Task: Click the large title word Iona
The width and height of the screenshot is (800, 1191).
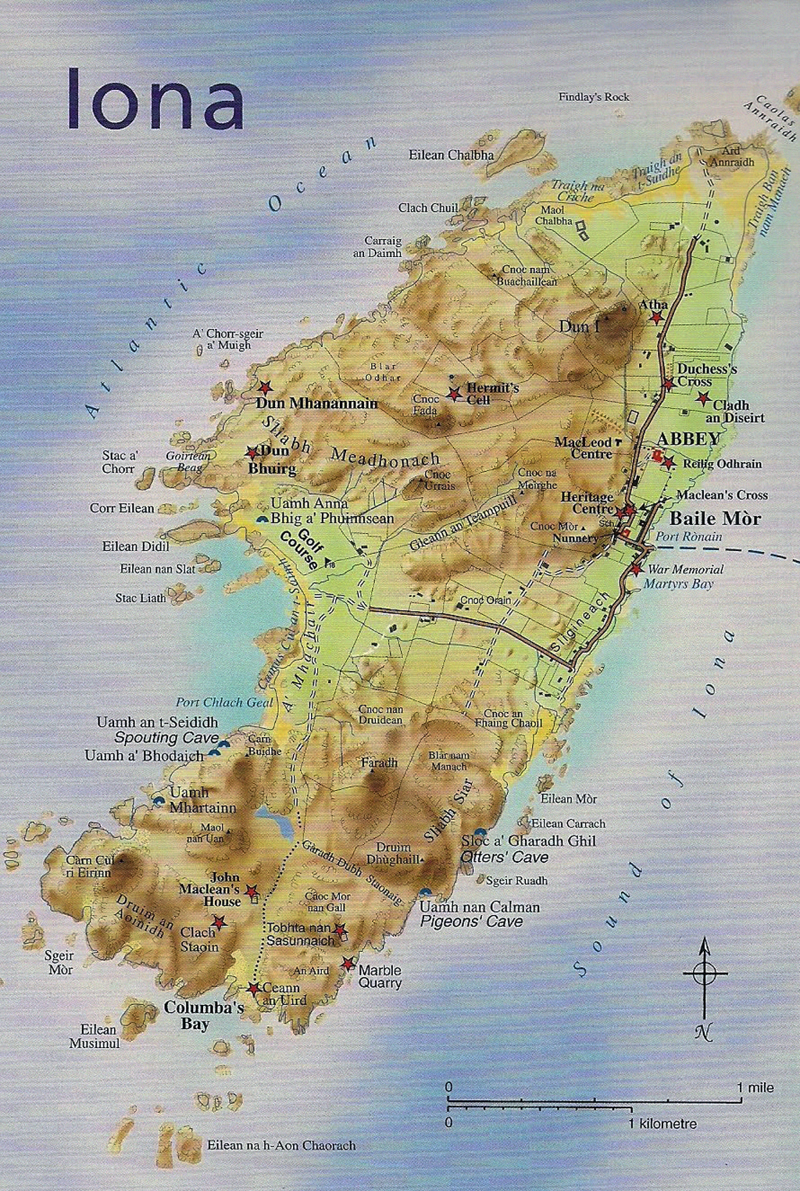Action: (155, 98)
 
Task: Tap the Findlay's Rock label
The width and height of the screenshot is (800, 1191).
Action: (594, 97)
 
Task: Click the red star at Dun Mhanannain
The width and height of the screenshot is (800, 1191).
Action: (265, 387)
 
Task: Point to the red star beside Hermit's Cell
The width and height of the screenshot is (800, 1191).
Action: (454, 394)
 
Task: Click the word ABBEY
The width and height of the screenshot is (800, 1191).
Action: (688, 438)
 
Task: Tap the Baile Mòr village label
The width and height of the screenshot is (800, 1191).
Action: (715, 518)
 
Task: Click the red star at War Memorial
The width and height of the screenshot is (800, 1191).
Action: (638, 570)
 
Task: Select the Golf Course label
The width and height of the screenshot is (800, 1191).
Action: (300, 545)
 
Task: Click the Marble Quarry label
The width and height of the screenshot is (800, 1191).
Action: (380, 977)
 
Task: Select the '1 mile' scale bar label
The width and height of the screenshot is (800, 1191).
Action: (755, 1087)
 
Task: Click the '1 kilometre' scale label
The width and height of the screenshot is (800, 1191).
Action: (662, 1124)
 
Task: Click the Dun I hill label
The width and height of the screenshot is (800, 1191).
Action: (579, 326)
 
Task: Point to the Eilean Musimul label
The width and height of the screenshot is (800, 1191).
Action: (95, 1036)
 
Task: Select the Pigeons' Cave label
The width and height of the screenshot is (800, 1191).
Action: (471, 921)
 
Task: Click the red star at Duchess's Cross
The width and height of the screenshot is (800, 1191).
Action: (669, 384)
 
